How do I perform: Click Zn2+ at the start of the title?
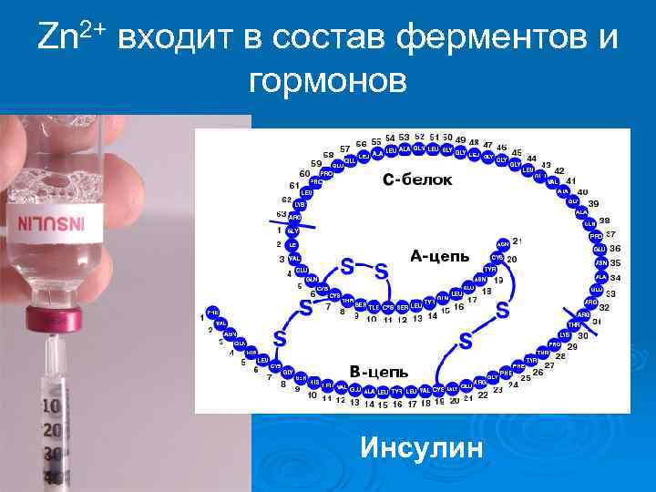73,37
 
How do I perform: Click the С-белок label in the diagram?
417,179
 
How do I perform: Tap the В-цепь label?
379,373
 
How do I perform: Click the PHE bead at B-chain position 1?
213,311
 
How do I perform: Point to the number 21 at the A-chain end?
518,241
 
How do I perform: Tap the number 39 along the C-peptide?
593,203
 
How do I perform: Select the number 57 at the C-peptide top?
345,149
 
